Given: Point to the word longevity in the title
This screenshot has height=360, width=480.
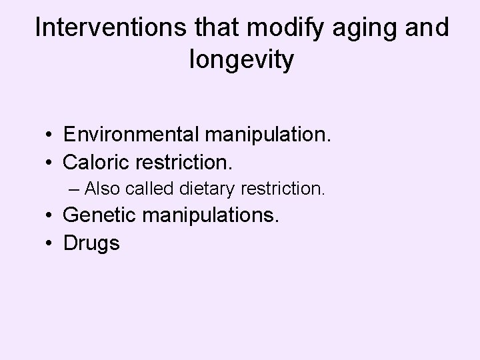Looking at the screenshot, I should pyautogui.click(x=241, y=60).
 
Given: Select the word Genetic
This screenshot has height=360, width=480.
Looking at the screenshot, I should pyautogui.click(x=99, y=215).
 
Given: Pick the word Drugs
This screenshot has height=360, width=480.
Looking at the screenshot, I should pyautogui.click(x=91, y=243).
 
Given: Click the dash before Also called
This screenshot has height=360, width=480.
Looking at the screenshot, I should pyautogui.click(x=73, y=189).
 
